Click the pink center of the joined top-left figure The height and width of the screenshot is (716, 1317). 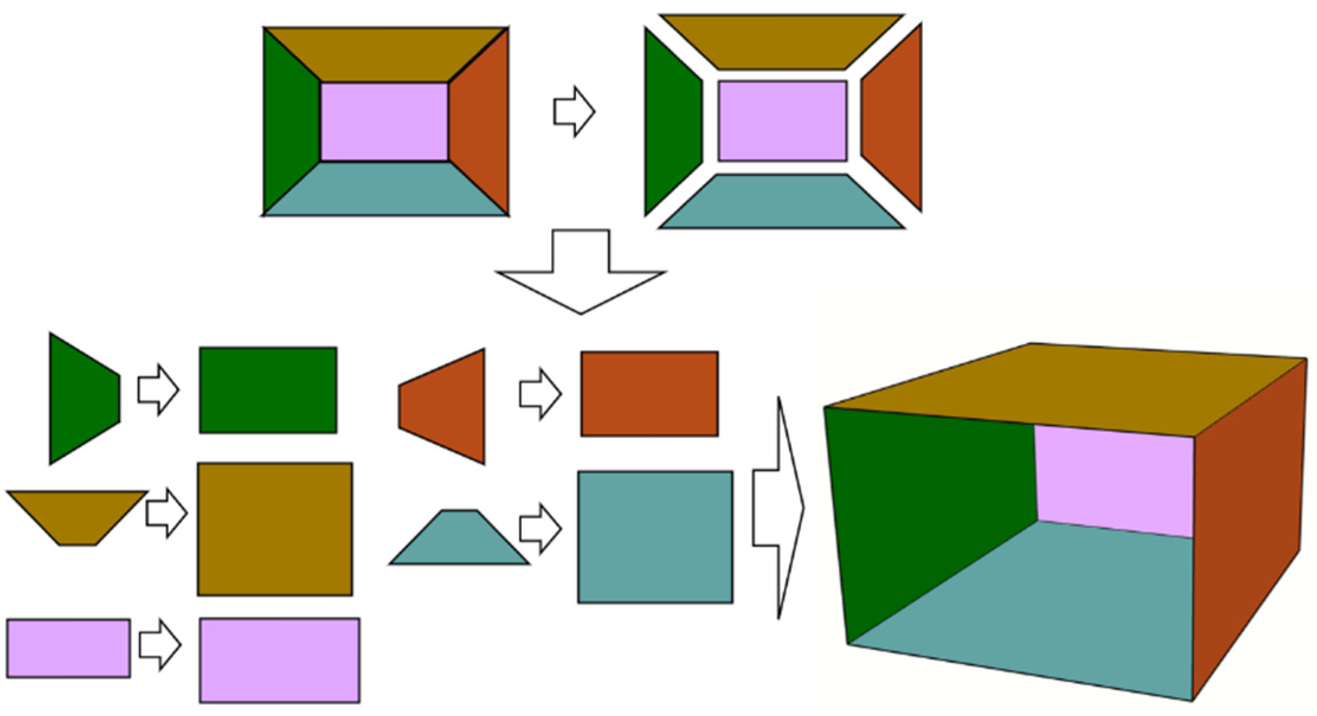click(384, 121)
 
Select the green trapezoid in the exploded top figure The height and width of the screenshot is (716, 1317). click(672, 121)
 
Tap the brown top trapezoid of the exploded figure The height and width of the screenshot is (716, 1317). click(781, 41)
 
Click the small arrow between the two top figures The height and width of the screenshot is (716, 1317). click(574, 111)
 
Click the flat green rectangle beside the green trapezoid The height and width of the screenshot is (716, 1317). click(268, 390)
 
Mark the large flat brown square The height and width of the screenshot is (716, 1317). click(275, 529)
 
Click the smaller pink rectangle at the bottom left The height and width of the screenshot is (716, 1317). click(68, 648)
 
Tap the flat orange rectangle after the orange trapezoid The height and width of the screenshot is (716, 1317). click(649, 394)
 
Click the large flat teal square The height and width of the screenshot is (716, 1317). click(655, 537)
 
